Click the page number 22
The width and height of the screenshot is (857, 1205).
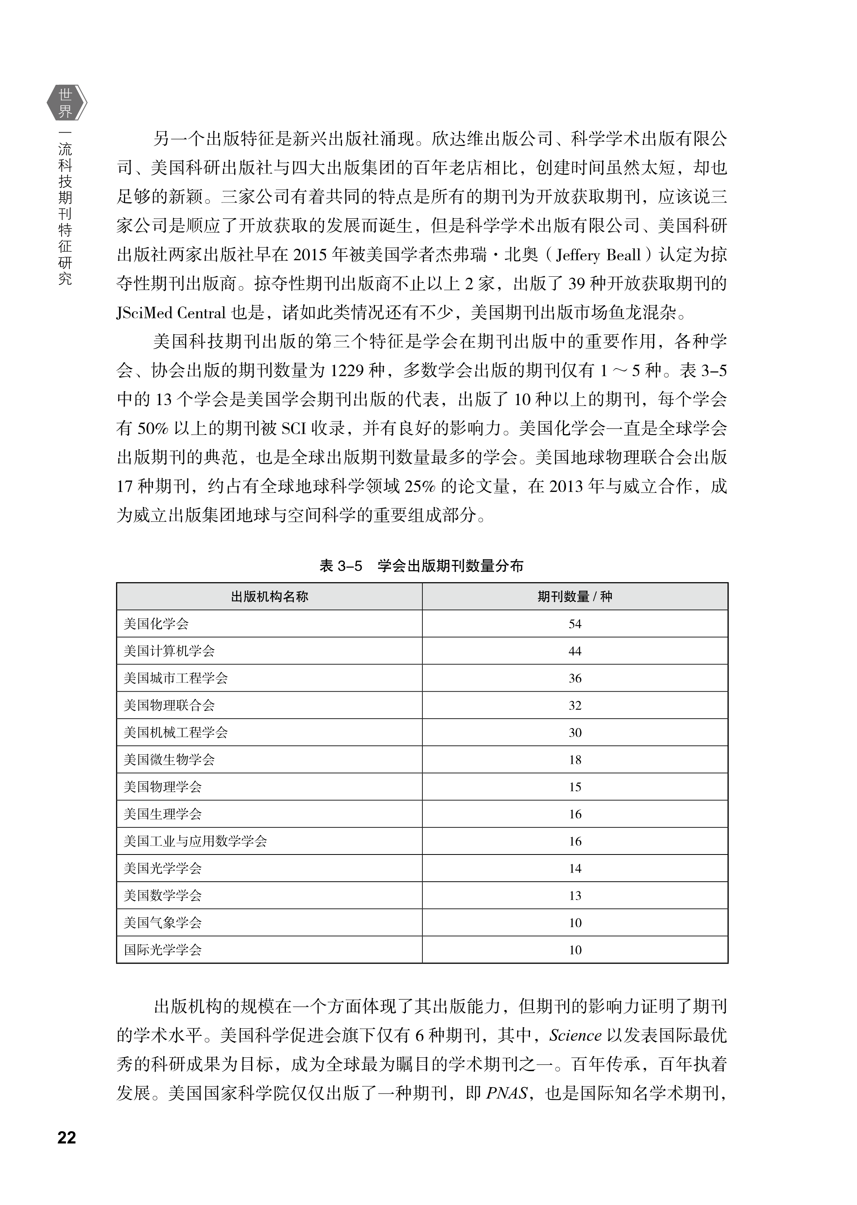(x=67, y=1138)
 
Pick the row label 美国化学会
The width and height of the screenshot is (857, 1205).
(x=156, y=624)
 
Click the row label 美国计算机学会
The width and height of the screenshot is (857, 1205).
(x=169, y=651)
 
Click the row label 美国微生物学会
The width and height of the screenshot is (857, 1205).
(x=169, y=760)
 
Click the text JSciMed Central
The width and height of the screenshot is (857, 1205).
(x=171, y=313)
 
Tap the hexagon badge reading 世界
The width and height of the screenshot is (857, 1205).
(x=66, y=103)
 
